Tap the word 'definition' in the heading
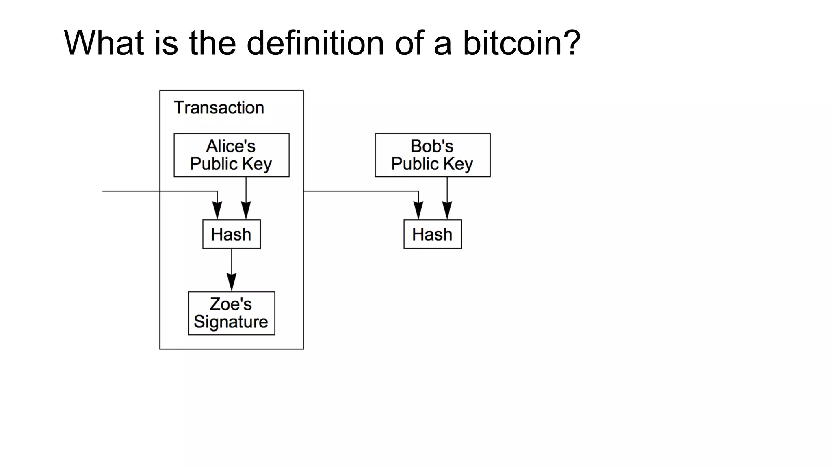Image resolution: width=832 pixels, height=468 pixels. click(x=315, y=43)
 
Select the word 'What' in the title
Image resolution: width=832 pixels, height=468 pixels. click(x=104, y=43)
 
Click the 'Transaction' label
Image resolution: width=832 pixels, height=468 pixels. click(x=219, y=108)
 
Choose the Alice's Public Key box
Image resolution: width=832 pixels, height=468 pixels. click(x=231, y=155)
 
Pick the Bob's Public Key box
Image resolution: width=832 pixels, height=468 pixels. click(x=432, y=155)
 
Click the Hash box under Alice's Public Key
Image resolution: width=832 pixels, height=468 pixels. click(x=231, y=234)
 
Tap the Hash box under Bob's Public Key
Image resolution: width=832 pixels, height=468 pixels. click(x=432, y=234)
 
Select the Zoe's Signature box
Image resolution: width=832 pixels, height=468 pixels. click(x=231, y=313)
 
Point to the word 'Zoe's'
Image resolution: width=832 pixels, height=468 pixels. click(x=231, y=304)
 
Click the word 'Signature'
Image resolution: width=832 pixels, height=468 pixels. click(x=231, y=322)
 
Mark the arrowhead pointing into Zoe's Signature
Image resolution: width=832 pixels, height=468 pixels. click(x=232, y=282)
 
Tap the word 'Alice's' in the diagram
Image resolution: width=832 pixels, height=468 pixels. click(x=231, y=146)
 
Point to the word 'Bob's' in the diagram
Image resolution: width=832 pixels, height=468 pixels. click(x=432, y=146)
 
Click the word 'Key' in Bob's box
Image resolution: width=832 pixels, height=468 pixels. click(x=458, y=164)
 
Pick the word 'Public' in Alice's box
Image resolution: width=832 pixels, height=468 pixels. click(x=214, y=164)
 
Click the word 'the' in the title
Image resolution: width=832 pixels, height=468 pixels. click(x=212, y=43)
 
